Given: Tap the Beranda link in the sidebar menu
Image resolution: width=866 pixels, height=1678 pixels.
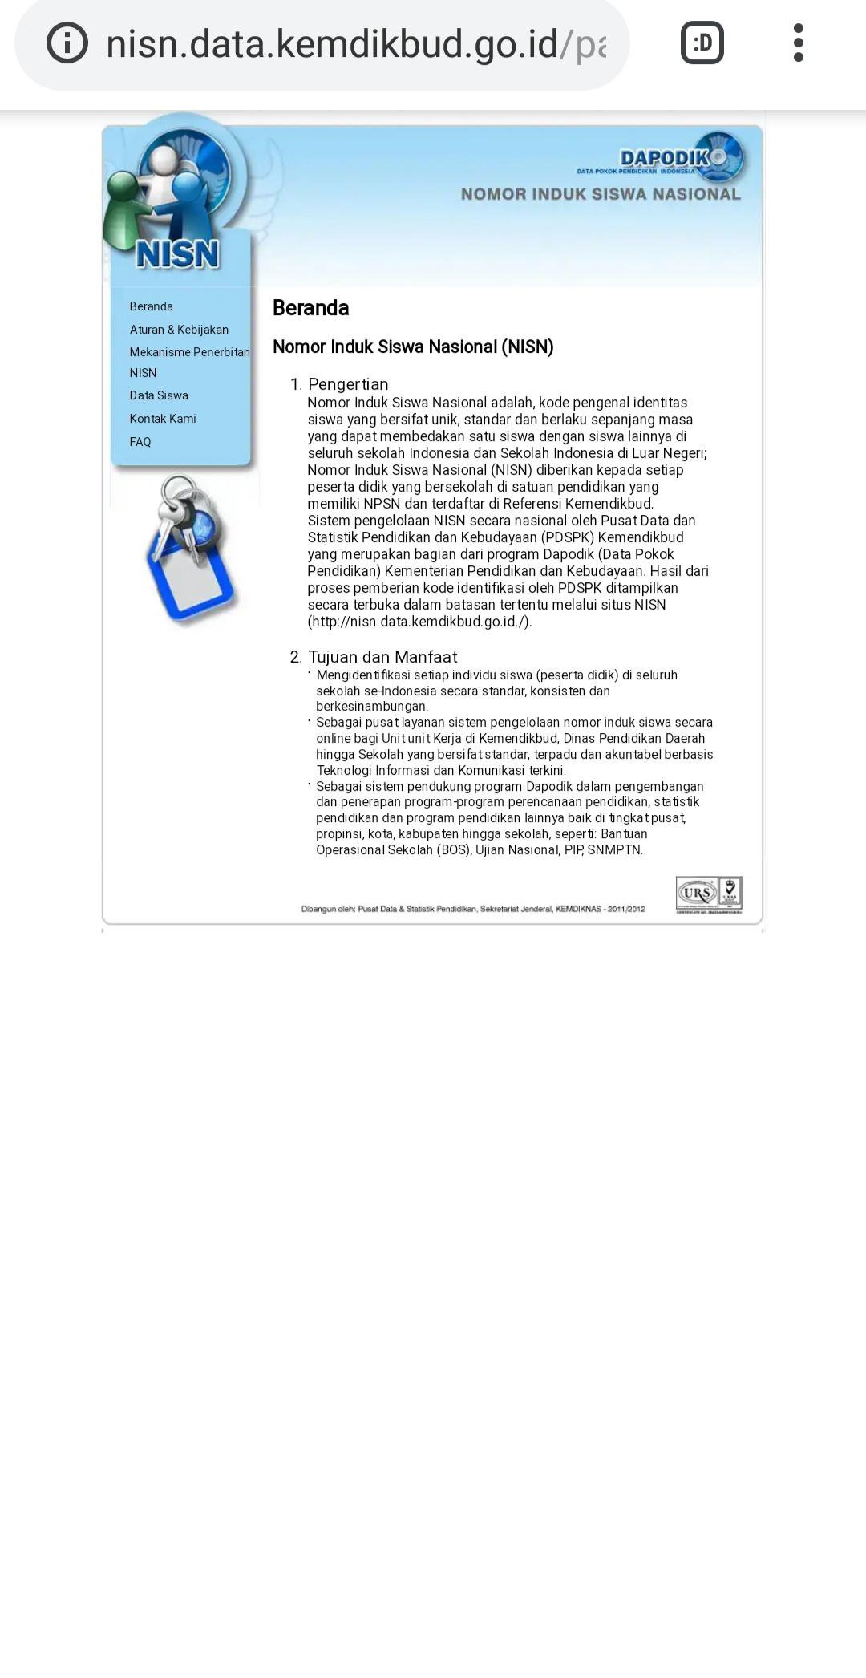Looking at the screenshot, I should pyautogui.click(x=151, y=306).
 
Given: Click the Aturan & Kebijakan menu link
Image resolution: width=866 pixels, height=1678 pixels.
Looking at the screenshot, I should pyautogui.click(x=179, y=330).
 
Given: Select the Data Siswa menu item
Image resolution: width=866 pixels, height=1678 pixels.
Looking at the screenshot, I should pyautogui.click(x=159, y=395).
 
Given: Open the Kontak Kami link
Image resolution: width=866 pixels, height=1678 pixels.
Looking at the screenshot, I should pyautogui.click(x=163, y=419).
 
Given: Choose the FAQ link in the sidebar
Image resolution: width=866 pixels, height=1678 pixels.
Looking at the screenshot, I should pyautogui.click(x=140, y=442).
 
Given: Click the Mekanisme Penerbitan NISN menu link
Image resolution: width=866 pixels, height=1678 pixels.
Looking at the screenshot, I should pyautogui.click(x=189, y=362).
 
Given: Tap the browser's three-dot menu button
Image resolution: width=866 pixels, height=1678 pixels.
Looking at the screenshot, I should pyautogui.click(x=798, y=43).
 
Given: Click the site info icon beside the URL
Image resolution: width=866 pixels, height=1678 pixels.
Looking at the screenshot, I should pyautogui.click(x=67, y=43).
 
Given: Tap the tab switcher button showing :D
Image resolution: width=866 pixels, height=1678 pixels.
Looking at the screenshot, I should pyautogui.click(x=702, y=43).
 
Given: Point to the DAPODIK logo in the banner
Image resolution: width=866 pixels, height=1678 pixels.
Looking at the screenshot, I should pyautogui.click(x=678, y=157).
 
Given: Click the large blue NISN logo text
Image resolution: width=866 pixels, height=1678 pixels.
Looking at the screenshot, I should pyautogui.click(x=177, y=254).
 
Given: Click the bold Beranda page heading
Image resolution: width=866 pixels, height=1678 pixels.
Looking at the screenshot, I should pyautogui.click(x=310, y=308).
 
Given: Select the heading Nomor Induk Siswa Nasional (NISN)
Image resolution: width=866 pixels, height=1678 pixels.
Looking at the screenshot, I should pyautogui.click(x=413, y=347).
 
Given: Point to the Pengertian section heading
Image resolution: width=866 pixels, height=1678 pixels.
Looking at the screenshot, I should pyautogui.click(x=348, y=384).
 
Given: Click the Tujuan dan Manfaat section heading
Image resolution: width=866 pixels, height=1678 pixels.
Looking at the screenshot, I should pyautogui.click(x=382, y=657).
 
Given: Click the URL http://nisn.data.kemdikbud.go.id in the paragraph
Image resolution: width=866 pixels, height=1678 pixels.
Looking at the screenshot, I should pyautogui.click(x=419, y=622).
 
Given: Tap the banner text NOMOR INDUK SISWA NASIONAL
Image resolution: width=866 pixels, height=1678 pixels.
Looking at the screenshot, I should pyautogui.click(x=601, y=194).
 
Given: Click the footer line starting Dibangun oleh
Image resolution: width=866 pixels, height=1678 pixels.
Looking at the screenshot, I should pyautogui.click(x=473, y=909).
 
